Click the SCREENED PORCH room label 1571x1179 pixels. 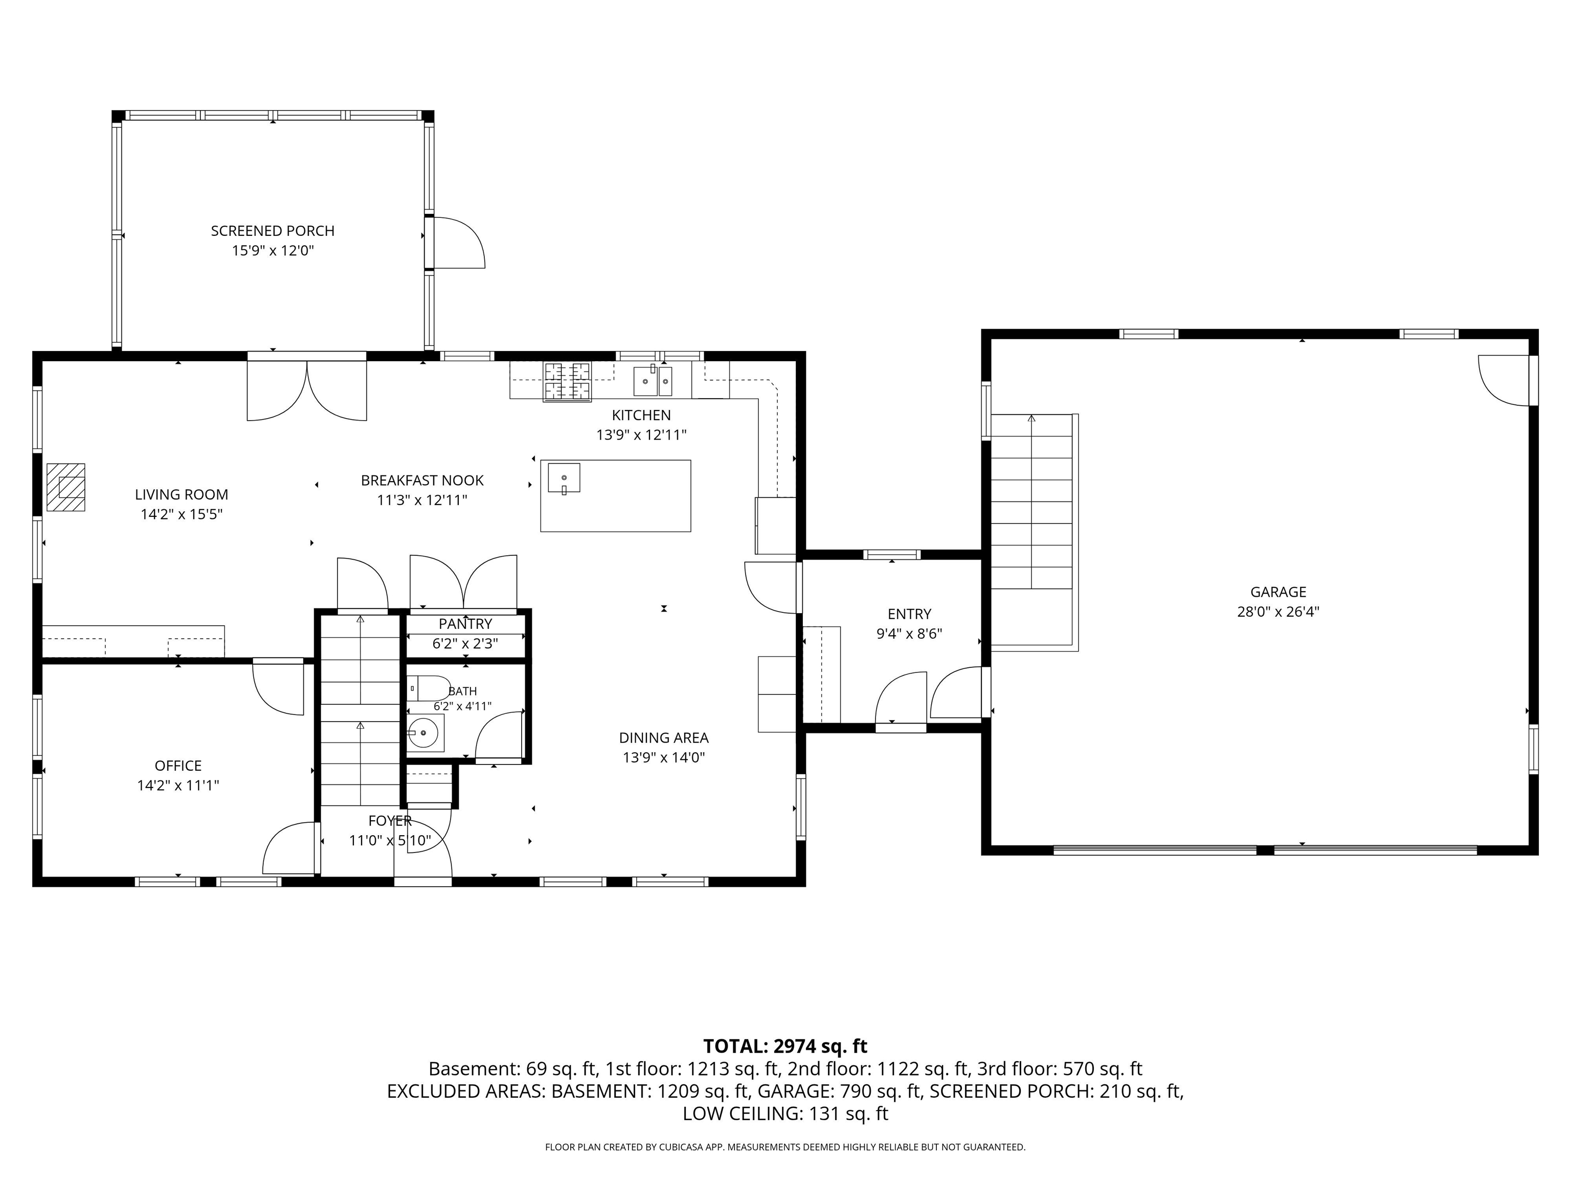[273, 231]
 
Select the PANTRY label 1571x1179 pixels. [465, 624]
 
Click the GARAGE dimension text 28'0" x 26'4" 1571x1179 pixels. [1278, 611]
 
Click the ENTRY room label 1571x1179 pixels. [909, 614]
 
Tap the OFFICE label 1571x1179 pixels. [178, 766]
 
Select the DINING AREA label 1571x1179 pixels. [664, 738]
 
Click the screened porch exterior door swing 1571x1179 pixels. [459, 243]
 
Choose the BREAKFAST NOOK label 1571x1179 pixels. [422, 481]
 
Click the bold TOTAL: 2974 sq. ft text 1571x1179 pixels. [785, 1046]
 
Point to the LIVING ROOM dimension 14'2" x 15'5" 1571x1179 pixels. [182, 514]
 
